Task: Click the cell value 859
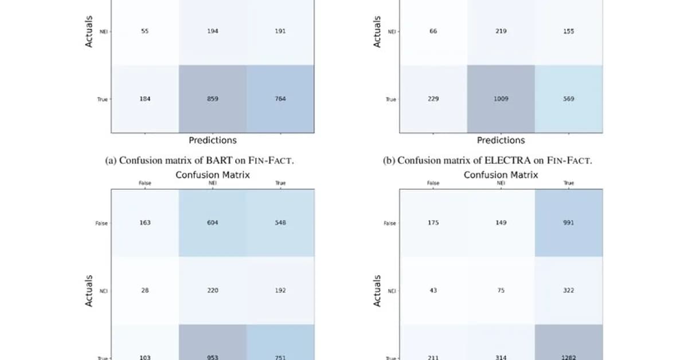point(213,99)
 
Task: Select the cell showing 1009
point(501,99)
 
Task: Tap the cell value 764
point(281,99)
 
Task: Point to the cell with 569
point(569,99)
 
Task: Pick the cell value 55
point(145,32)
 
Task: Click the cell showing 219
point(501,32)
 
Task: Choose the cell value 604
point(213,222)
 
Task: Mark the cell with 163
point(145,222)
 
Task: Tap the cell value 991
point(569,222)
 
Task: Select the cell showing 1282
point(569,357)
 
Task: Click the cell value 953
point(213,357)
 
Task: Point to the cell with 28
point(145,290)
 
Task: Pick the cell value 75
point(501,290)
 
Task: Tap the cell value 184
point(145,99)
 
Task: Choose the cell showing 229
point(433,99)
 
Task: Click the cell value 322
point(569,290)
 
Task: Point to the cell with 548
point(281,222)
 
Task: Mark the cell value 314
point(501,357)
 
